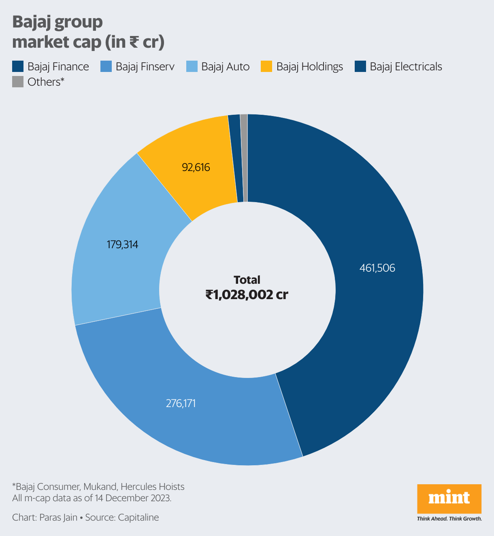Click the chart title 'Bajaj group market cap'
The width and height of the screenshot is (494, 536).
[x=88, y=32]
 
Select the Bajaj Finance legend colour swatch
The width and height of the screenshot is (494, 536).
[x=18, y=66]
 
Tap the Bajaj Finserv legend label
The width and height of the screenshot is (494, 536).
[x=145, y=66]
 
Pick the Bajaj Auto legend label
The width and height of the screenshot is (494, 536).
[x=225, y=66]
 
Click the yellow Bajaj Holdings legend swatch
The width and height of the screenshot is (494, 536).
[x=266, y=66]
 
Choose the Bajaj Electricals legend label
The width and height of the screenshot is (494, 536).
[x=406, y=66]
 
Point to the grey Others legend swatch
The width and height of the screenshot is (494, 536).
[x=18, y=82]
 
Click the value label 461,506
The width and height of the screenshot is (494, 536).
[x=377, y=268]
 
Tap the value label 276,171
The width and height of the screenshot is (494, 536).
[x=181, y=403]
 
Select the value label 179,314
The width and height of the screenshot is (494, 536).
[x=122, y=245]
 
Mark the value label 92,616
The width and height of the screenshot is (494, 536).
[x=196, y=167]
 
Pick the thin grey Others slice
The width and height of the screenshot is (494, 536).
[x=244, y=158]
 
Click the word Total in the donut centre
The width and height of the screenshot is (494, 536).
[x=247, y=280]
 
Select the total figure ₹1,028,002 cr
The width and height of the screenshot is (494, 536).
[x=247, y=295]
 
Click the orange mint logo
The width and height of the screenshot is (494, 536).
[x=449, y=498]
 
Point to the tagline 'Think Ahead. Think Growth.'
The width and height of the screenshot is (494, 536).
[x=449, y=519]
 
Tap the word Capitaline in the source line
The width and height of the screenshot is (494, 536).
[x=138, y=517]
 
